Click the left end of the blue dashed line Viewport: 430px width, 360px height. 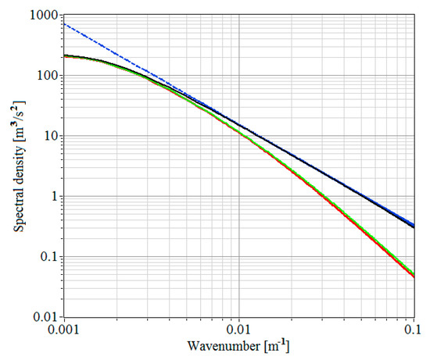(x=64, y=23)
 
